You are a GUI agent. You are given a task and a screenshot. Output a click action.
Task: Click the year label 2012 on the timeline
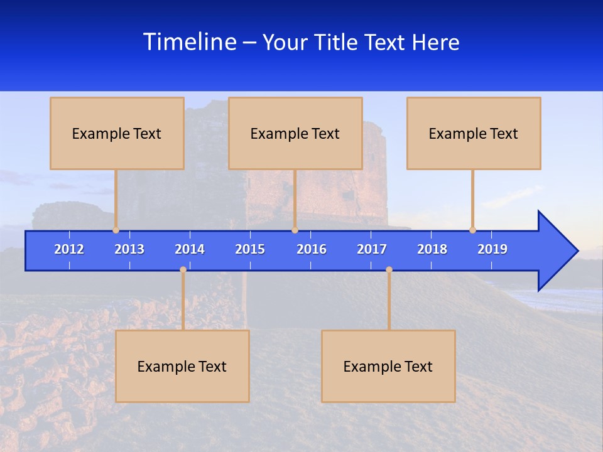coord(69,249)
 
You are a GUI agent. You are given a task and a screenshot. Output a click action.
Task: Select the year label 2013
coord(129,249)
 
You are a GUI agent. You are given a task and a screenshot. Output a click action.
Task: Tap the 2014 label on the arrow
coord(190,249)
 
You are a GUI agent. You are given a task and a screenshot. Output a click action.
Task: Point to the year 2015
coord(250,249)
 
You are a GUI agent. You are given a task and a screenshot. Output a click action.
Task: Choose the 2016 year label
coord(312,249)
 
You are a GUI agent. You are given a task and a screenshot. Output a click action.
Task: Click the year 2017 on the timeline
coord(372,249)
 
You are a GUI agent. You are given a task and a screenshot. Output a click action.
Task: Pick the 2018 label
coord(432,249)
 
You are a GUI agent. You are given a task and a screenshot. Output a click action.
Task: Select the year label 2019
coord(492,249)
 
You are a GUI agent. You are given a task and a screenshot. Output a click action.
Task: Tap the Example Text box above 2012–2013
coord(117,133)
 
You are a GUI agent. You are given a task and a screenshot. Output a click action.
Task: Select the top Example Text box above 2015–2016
coord(295,133)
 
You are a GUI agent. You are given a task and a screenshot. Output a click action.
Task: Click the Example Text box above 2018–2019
coord(474,133)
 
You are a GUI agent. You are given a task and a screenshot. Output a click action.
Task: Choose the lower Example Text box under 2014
coord(182,366)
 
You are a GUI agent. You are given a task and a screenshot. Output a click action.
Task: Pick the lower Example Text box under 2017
coord(388,366)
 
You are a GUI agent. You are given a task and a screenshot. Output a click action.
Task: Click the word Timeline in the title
coord(190,42)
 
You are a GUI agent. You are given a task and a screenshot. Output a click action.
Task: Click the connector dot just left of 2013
coord(116,230)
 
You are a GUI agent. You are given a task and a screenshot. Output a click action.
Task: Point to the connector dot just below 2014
coord(183,270)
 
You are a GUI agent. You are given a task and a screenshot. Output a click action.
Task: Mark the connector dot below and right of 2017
coord(389,270)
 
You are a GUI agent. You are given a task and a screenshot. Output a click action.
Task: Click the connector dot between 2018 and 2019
coord(472,230)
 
